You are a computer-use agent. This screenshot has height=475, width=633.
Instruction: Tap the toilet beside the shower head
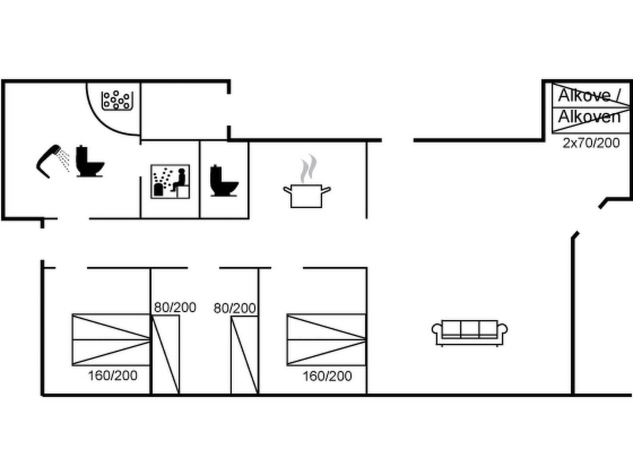tap(90, 161)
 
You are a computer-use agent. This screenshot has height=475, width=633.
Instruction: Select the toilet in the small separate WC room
tap(224, 181)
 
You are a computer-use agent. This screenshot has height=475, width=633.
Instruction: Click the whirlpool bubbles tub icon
tap(117, 101)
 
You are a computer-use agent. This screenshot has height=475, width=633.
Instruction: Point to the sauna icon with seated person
tap(170, 181)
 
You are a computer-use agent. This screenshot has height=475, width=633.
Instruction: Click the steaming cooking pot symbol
tap(307, 196)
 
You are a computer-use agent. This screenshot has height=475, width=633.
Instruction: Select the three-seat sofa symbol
tap(470, 332)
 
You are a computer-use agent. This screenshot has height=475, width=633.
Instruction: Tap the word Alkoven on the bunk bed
tap(589, 117)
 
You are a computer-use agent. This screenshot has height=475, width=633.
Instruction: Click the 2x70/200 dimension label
tap(591, 143)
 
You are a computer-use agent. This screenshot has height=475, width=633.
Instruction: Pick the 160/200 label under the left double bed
tap(112, 376)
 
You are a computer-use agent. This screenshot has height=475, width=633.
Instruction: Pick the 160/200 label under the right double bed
tap(327, 376)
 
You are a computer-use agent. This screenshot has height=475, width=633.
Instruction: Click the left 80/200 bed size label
tap(175, 308)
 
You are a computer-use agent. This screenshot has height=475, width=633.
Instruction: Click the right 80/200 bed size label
tap(235, 308)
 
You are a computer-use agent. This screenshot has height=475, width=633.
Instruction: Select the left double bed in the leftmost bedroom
tap(111, 340)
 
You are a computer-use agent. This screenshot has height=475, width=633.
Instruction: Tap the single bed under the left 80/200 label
tap(165, 354)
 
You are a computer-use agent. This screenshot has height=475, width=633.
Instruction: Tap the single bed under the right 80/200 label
tap(244, 355)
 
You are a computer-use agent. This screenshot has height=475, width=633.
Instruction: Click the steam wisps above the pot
tap(308, 169)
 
